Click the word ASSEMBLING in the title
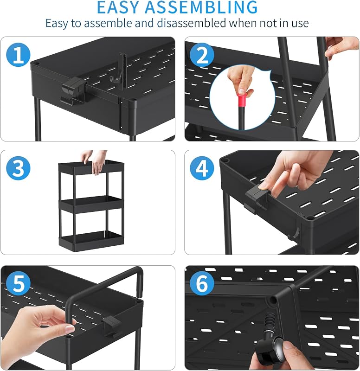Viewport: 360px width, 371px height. pos(201,7)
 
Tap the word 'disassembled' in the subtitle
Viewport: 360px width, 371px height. pos(192,23)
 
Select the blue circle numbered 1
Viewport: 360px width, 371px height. pos(18,55)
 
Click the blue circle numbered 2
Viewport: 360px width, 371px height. pos(202,55)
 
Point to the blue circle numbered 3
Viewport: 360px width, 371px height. pos(18,168)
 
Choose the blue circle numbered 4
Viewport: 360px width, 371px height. pos(202,168)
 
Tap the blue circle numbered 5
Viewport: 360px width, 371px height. pos(18,283)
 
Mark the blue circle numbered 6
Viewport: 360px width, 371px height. pos(202,283)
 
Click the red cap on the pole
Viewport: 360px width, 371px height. pos(242,101)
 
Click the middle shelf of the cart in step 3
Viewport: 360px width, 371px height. pos(91,205)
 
